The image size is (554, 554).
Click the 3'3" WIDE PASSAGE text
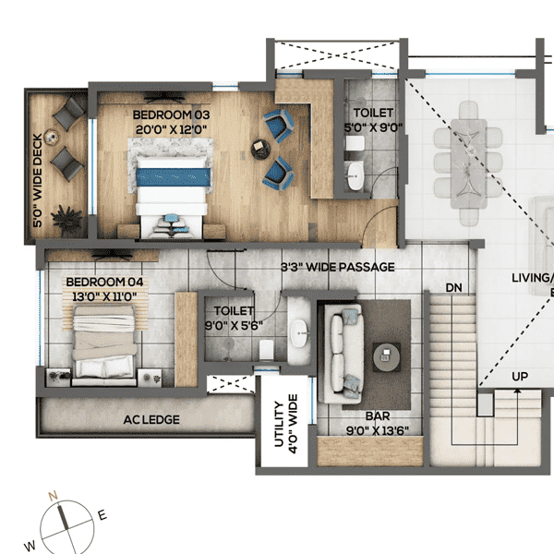click(x=338, y=267)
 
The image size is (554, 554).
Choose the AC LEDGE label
click(x=151, y=420)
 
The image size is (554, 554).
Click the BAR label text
click(x=369, y=417)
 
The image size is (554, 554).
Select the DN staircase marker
click(x=453, y=287)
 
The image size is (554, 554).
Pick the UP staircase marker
click(x=521, y=378)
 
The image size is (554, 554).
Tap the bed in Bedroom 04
click(x=106, y=343)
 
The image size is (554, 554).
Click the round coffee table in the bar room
click(x=386, y=355)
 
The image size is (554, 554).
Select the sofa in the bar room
click(x=343, y=355)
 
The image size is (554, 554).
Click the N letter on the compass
click(x=54, y=497)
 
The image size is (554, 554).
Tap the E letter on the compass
click(x=102, y=516)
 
